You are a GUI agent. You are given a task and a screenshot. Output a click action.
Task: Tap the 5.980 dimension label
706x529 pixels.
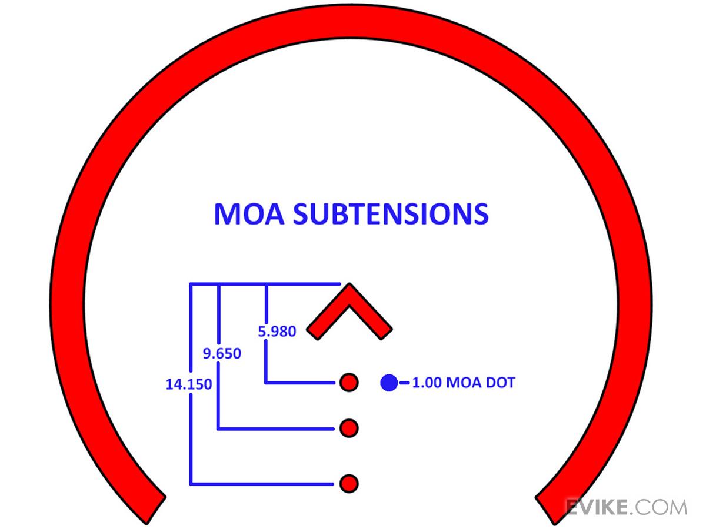277,332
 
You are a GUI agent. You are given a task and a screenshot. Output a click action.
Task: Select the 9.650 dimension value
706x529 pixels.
222,354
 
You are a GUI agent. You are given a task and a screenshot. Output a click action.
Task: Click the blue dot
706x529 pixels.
389,383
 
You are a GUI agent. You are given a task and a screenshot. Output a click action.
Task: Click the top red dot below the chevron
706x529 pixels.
349,383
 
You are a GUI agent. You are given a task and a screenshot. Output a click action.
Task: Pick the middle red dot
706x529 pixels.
349,428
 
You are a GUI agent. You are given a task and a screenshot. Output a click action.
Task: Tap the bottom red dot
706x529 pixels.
349,483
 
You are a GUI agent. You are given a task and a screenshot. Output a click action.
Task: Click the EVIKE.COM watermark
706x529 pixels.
626,507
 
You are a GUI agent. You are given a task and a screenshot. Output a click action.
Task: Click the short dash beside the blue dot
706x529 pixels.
405,383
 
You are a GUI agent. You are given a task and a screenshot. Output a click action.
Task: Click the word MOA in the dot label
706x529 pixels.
464,383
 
